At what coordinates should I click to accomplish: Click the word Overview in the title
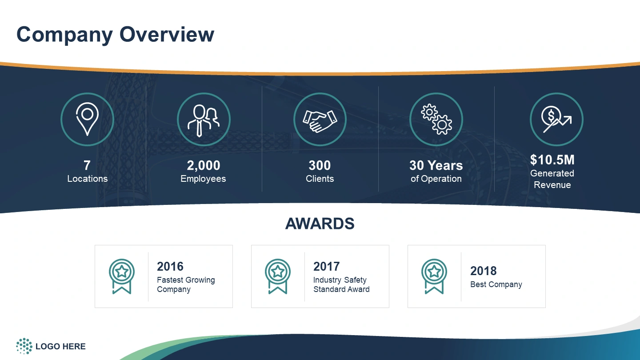tap(167, 34)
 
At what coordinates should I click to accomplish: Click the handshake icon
tap(320, 121)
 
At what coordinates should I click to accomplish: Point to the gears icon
tap(436, 120)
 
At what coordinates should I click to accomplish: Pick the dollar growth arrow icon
tap(556, 119)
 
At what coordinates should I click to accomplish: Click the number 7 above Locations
tap(87, 165)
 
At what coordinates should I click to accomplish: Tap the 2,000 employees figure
tap(204, 165)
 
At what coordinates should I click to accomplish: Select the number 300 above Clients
tap(320, 165)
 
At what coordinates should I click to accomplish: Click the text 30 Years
tap(436, 165)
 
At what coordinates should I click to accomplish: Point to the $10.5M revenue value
tap(552, 160)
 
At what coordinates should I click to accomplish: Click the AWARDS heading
tap(320, 224)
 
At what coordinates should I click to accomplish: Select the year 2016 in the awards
tap(170, 266)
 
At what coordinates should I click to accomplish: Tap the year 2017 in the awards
tap(327, 266)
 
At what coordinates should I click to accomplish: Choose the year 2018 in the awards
tap(484, 271)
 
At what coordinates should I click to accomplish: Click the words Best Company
tap(496, 284)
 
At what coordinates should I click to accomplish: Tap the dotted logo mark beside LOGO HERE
tap(24, 346)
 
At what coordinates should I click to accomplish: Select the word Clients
tap(320, 179)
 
